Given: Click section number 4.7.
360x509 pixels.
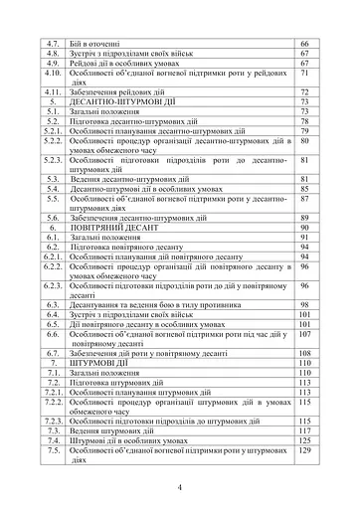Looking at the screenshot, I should pyautogui.click(x=55, y=46).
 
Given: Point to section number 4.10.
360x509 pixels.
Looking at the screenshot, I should pyautogui.click(x=55, y=74).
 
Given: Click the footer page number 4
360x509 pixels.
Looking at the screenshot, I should pyautogui.click(x=180, y=486).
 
